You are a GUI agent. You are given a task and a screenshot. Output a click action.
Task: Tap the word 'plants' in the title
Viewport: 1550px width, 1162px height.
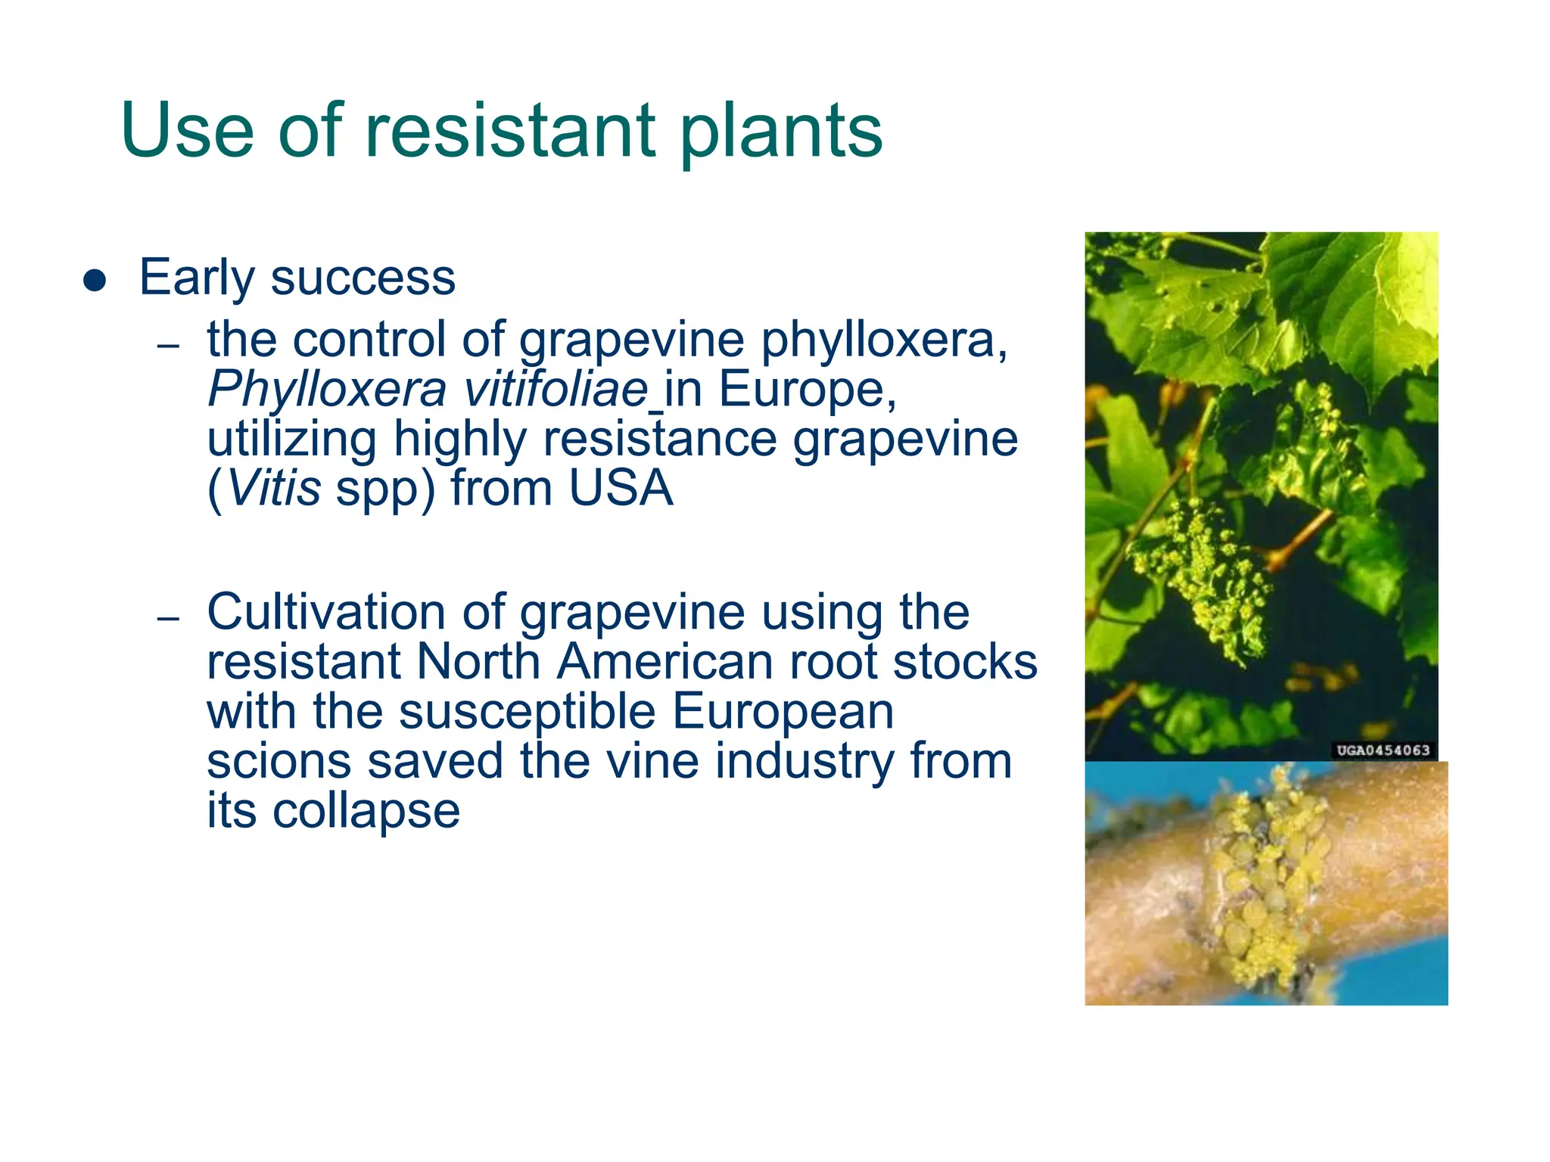point(781,132)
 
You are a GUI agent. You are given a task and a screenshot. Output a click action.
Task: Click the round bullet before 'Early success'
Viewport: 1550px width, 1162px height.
point(95,280)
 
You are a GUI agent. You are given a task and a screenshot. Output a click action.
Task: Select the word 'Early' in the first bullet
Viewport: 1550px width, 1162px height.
point(197,278)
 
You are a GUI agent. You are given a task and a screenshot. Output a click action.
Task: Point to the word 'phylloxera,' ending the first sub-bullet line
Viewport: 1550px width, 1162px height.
point(884,340)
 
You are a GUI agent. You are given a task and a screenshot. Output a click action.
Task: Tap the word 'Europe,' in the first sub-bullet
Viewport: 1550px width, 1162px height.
point(808,390)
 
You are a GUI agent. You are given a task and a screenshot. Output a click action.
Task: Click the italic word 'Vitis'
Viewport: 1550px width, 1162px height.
point(274,489)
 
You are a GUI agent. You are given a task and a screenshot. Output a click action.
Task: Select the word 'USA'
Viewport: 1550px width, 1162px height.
point(621,489)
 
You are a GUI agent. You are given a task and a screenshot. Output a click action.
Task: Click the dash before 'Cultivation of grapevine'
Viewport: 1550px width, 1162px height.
point(169,619)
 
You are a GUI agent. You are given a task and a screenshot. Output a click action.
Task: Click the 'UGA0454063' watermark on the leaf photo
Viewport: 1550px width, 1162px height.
point(1383,750)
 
